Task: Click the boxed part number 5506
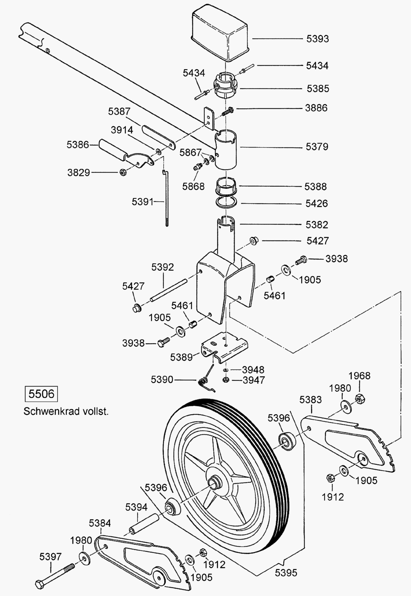[41, 394]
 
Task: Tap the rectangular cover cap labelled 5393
[220, 34]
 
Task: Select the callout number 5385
[318, 89]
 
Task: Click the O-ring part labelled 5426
[226, 203]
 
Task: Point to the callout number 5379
[317, 147]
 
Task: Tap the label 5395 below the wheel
[286, 572]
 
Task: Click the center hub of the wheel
[215, 483]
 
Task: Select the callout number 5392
[162, 267]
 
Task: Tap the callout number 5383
[310, 400]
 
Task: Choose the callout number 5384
[100, 523]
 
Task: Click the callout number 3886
[316, 108]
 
